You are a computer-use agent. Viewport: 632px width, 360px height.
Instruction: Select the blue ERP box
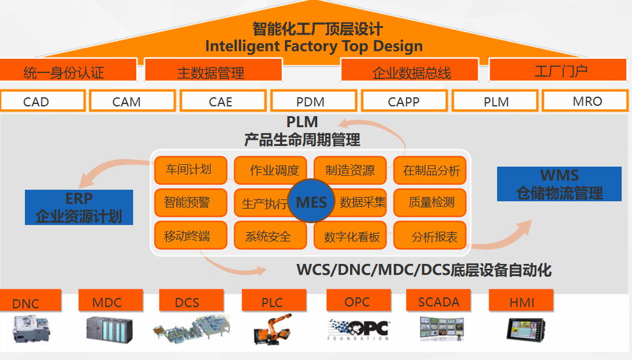(79, 207)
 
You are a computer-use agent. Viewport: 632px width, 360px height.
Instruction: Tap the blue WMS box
(559, 184)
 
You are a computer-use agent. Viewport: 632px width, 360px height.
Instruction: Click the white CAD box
(43, 101)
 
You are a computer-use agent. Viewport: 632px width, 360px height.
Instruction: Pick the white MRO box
(585, 100)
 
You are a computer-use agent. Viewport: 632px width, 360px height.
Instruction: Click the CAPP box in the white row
(404, 101)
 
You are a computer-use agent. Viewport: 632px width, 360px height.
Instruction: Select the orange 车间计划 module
(190, 170)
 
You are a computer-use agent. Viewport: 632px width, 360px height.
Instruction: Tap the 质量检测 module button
(430, 202)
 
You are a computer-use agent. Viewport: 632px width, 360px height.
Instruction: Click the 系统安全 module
(268, 236)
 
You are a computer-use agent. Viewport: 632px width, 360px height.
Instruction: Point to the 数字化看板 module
(351, 236)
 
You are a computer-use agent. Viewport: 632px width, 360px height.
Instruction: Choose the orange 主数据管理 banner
(213, 71)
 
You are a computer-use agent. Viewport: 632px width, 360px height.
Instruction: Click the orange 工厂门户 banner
(558, 71)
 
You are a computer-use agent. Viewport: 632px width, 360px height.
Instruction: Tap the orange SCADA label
(439, 301)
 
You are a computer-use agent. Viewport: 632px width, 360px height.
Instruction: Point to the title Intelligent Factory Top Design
(314, 46)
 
